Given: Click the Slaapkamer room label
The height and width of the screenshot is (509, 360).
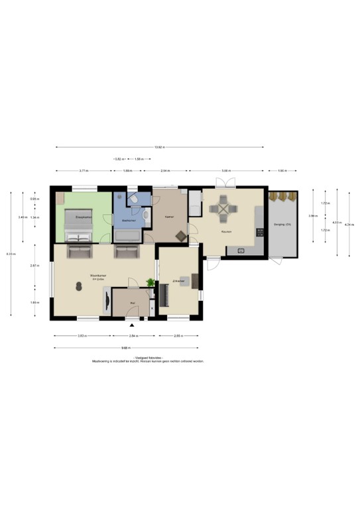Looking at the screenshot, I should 83,217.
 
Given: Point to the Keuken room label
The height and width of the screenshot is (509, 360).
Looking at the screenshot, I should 226,232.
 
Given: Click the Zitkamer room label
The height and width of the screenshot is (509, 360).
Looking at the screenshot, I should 178,281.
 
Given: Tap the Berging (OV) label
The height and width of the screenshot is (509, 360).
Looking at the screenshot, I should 283,225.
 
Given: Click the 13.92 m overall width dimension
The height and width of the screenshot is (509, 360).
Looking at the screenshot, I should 158,147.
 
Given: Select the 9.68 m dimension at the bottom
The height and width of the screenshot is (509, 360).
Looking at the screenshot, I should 125,348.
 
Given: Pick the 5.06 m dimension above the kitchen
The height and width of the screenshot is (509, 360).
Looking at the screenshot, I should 226,171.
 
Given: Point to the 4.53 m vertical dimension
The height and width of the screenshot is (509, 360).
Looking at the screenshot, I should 337,223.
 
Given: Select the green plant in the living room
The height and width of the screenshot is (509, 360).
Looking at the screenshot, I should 150,283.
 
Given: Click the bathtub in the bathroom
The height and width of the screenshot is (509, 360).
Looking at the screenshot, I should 128,235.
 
